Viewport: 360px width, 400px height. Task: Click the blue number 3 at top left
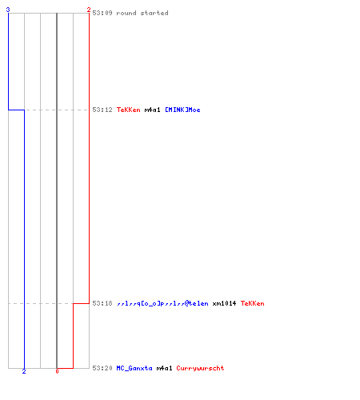(x=8, y=10)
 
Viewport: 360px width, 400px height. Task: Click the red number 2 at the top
(x=89, y=10)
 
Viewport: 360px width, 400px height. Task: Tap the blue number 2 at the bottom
(x=24, y=371)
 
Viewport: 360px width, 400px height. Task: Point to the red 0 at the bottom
(x=57, y=371)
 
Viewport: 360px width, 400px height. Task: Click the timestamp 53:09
(x=102, y=13)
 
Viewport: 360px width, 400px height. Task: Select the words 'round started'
(x=142, y=13)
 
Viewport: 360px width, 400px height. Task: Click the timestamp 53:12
(x=102, y=110)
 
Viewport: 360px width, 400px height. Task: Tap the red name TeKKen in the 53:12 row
(x=129, y=110)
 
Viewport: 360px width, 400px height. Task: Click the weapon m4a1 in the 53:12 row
(x=153, y=110)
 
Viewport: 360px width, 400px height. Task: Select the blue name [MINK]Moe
(x=182, y=110)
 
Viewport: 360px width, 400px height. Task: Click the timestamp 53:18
(x=102, y=303)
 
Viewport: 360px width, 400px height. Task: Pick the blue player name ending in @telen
(x=162, y=303)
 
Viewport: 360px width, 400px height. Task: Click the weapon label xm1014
(x=224, y=303)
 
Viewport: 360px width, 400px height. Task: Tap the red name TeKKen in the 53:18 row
(x=253, y=303)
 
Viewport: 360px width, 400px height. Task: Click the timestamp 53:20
(x=102, y=368)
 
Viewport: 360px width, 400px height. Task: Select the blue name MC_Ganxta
(x=134, y=368)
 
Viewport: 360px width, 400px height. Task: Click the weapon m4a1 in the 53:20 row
(x=165, y=368)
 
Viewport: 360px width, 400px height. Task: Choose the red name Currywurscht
(x=200, y=368)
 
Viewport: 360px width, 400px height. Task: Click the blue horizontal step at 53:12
(x=16, y=110)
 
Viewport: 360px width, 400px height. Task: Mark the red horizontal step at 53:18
(x=81, y=303)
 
